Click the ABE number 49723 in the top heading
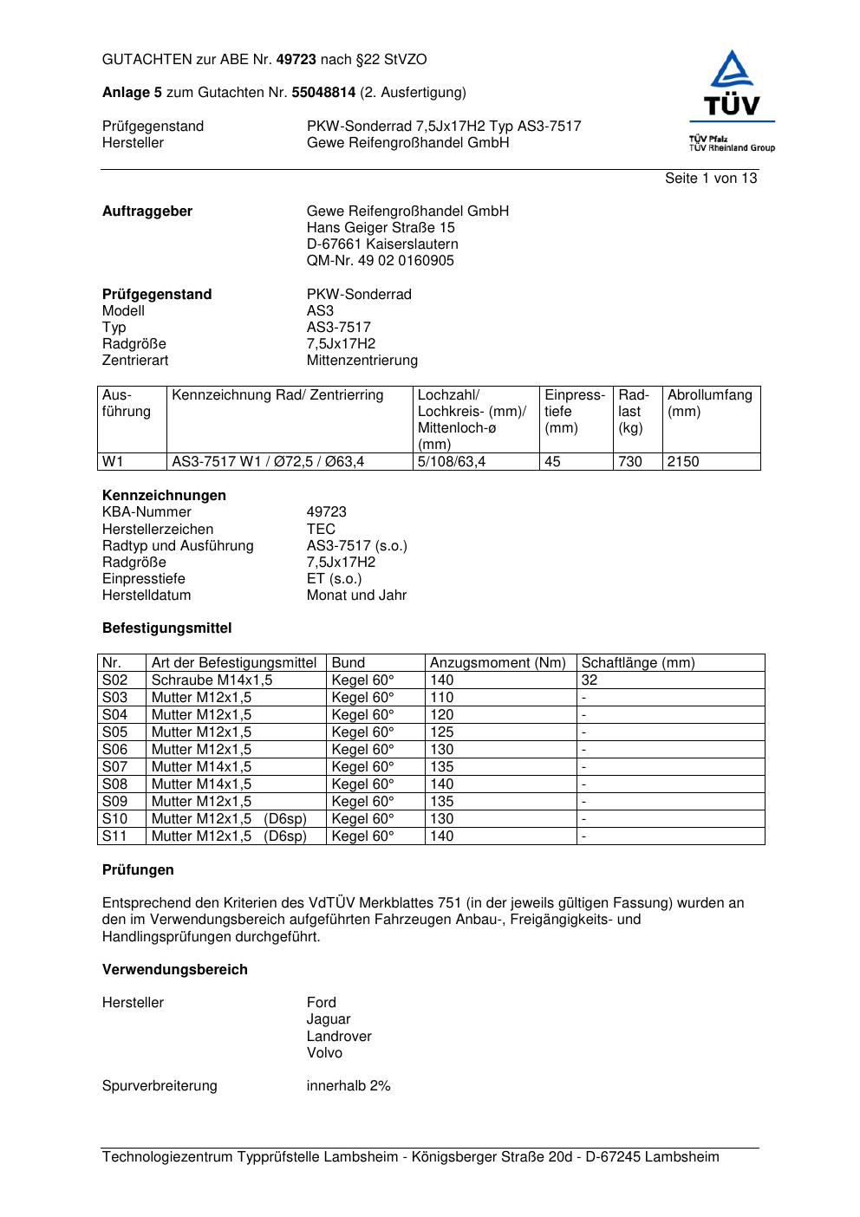click(296, 60)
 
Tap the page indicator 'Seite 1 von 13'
click(710, 179)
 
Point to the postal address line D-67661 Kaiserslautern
click(382, 244)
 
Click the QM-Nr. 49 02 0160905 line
click(380, 261)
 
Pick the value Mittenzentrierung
click(362, 361)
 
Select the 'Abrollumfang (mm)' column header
click(709, 403)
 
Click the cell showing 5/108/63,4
click(451, 462)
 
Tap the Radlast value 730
click(630, 462)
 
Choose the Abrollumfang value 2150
click(683, 462)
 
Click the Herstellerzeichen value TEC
click(321, 529)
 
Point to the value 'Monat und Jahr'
click(356, 595)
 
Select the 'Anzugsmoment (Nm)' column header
click(498, 663)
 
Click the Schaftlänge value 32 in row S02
click(590, 680)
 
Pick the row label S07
click(114, 767)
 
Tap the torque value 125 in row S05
click(441, 732)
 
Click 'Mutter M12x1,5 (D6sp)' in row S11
click(229, 836)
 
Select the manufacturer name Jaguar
click(328, 1019)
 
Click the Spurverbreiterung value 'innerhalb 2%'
click(348, 1086)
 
